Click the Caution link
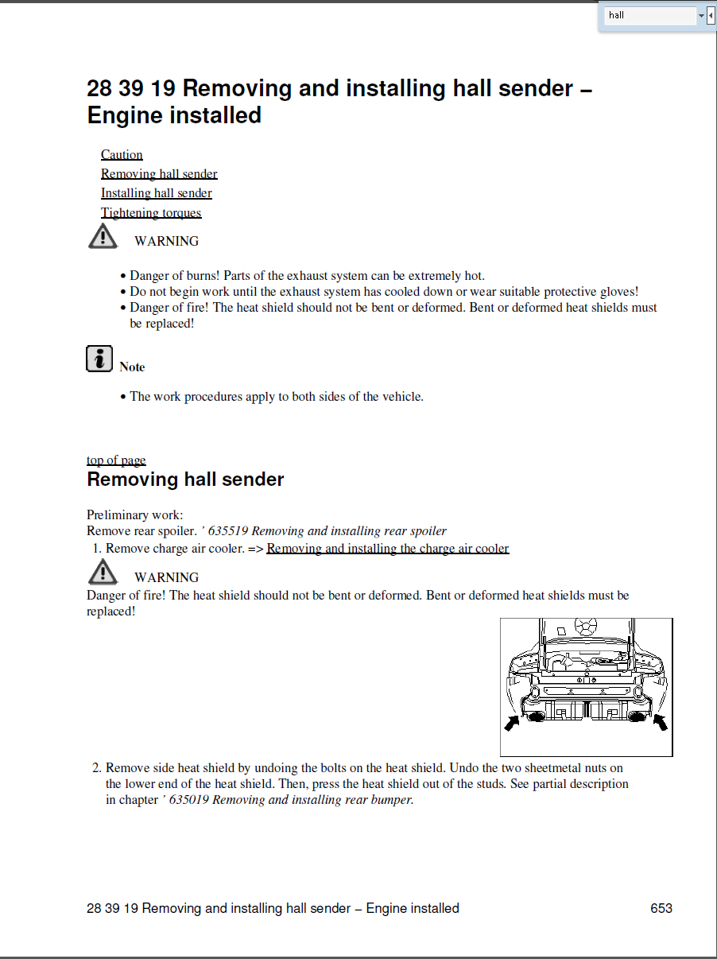(x=122, y=155)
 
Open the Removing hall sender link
(x=159, y=174)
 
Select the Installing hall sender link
(x=157, y=193)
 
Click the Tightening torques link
(x=151, y=213)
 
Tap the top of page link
(x=116, y=460)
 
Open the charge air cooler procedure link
(x=387, y=549)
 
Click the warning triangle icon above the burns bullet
(x=103, y=237)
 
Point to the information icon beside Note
(x=99, y=359)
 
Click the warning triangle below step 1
(x=103, y=573)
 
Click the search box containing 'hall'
(x=649, y=15)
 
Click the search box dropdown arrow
(x=701, y=15)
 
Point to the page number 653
(x=661, y=908)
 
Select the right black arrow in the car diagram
(x=660, y=722)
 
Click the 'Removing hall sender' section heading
(x=185, y=479)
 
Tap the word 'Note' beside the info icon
(x=132, y=367)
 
